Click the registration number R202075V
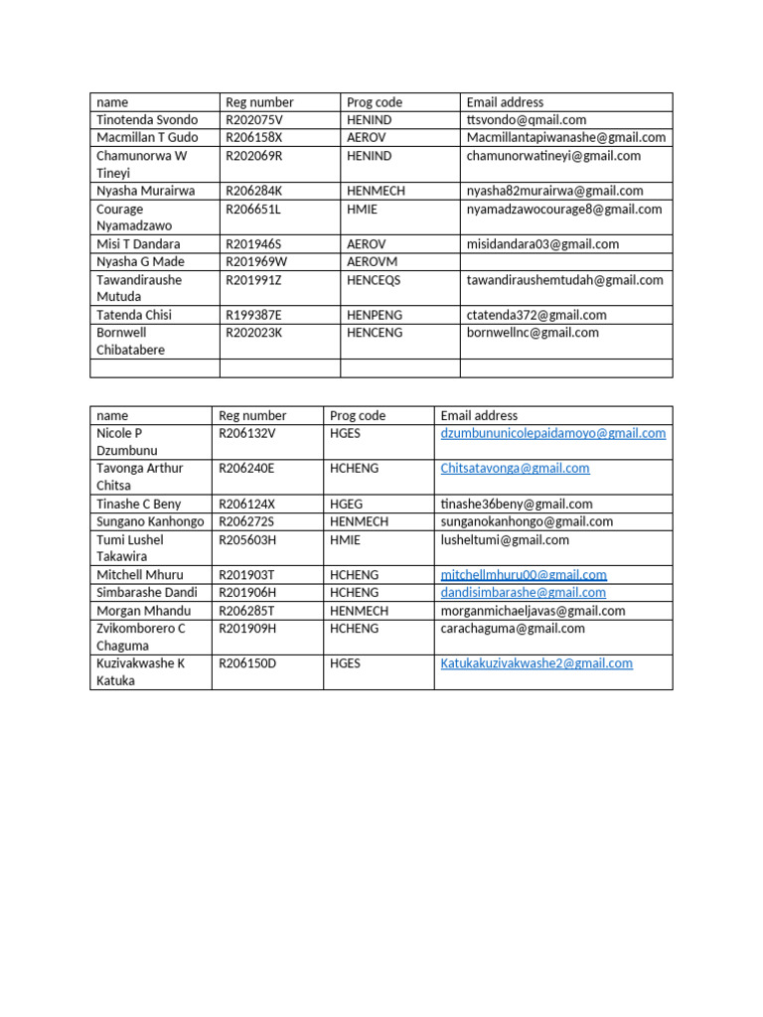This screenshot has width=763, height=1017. tap(254, 120)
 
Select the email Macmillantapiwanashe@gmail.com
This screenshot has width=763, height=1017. tap(566, 138)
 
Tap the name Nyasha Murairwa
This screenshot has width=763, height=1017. tap(146, 191)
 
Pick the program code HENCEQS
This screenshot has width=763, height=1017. tap(374, 280)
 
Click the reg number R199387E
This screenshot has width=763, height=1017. tap(254, 315)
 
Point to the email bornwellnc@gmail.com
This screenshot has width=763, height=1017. tap(533, 333)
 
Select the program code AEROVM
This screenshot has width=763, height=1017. tap(372, 262)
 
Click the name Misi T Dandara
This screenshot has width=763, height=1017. tap(138, 244)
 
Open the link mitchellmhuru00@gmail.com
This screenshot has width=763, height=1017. tap(524, 575)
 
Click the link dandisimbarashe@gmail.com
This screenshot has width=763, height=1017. tap(523, 593)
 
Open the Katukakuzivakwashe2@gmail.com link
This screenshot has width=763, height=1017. tap(536, 663)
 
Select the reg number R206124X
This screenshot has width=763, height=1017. tap(247, 505)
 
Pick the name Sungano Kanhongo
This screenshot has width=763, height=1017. tap(150, 522)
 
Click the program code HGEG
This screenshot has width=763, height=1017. tap(347, 505)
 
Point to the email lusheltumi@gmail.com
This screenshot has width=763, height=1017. tap(505, 540)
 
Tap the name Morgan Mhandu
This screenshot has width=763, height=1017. tap(143, 611)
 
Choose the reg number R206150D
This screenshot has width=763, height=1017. tap(248, 663)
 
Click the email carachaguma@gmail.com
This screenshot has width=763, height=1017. tap(513, 629)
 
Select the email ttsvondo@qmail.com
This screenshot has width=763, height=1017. tap(527, 120)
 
